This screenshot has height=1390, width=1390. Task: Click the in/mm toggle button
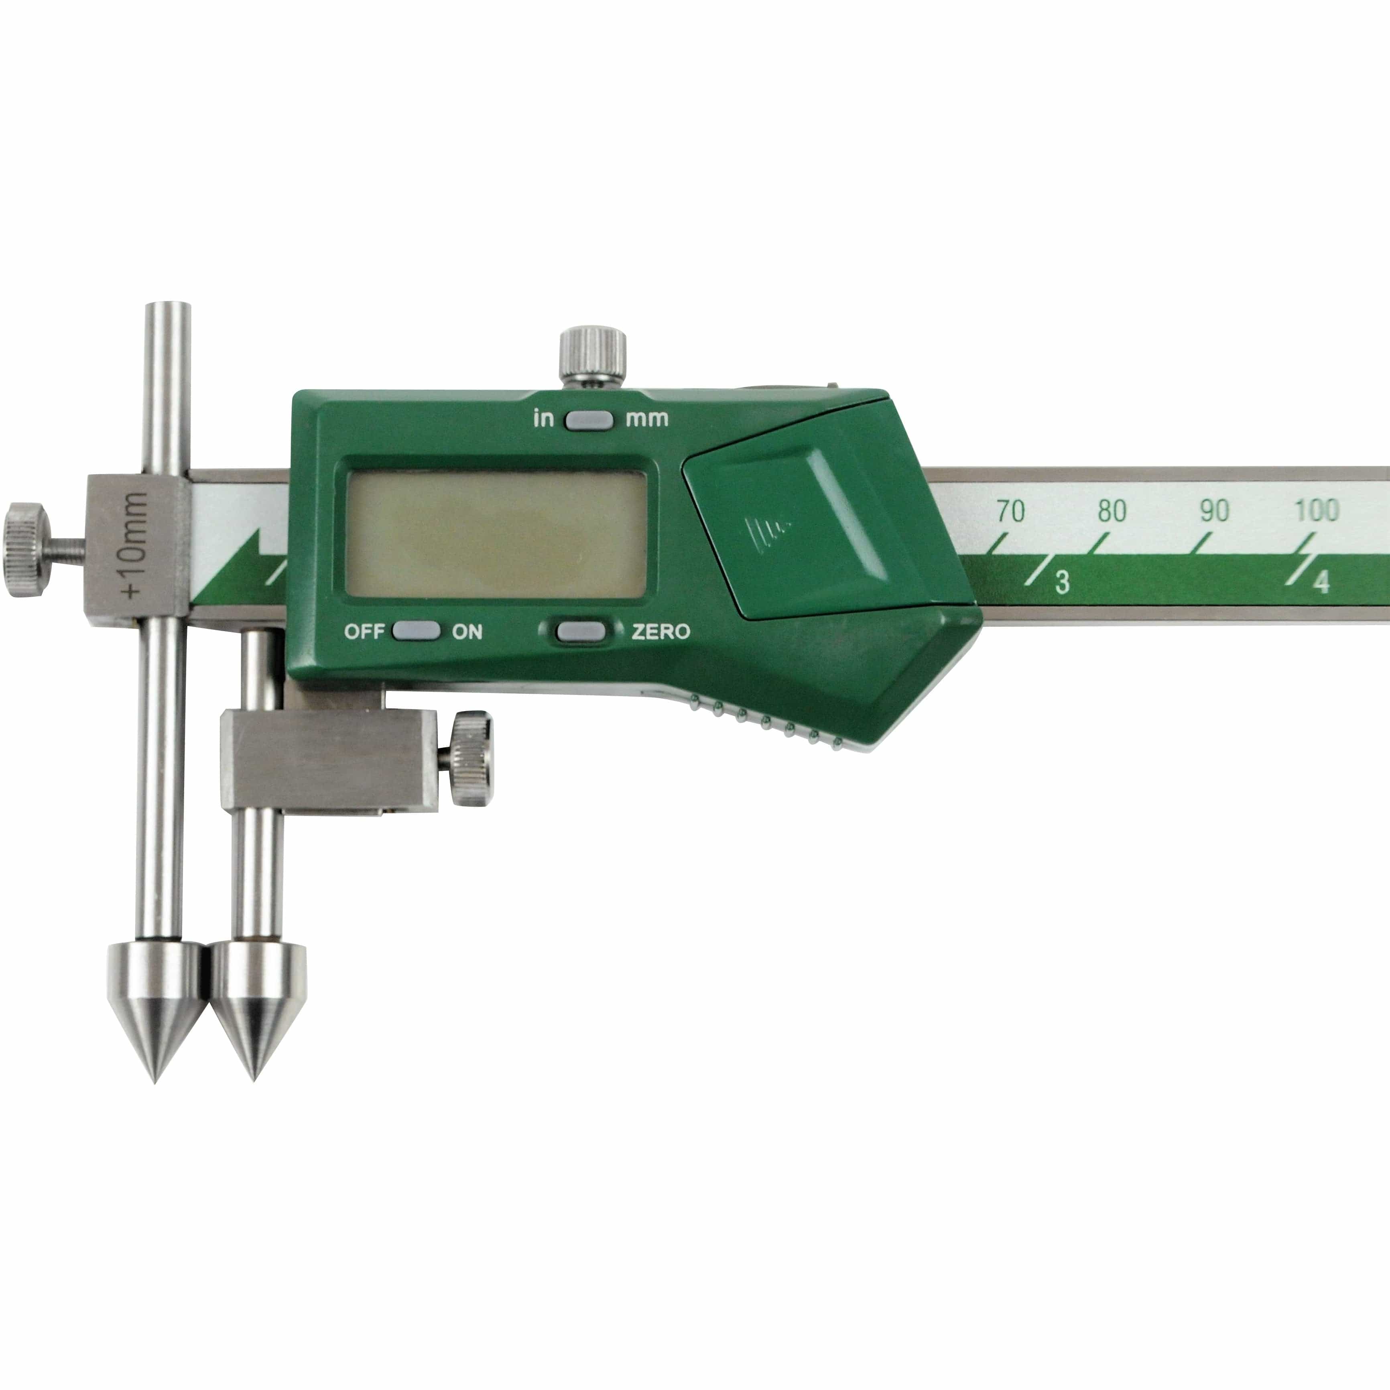coord(589,419)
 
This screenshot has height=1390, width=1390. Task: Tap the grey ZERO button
coord(580,631)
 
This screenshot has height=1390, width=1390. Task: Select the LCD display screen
coord(496,533)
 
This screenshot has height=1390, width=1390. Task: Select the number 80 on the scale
coord(1112,511)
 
